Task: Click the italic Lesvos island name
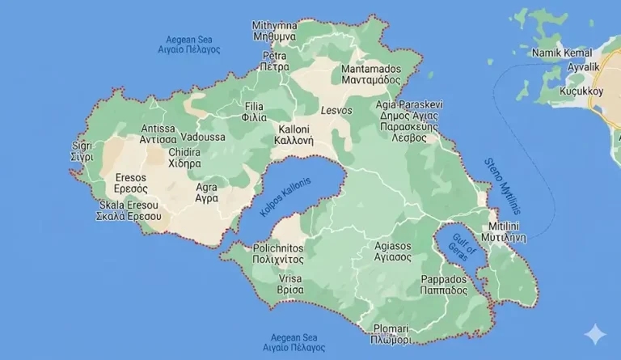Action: [x=336, y=111]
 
